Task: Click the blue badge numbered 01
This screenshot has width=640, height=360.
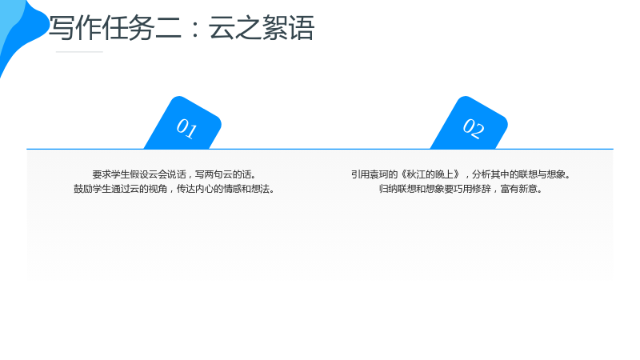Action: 183,124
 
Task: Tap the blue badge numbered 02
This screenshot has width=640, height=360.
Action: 470,124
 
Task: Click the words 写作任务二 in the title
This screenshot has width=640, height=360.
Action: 115,28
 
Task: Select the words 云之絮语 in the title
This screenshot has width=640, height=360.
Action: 262,28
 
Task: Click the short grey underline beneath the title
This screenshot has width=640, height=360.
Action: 79,52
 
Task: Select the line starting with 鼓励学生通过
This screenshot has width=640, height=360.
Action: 175,189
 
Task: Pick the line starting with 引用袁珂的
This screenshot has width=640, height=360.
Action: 462,174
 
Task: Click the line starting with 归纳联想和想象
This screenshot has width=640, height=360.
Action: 462,189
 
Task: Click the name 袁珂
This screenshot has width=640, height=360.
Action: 379,174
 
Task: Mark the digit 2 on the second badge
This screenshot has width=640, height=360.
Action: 478,130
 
